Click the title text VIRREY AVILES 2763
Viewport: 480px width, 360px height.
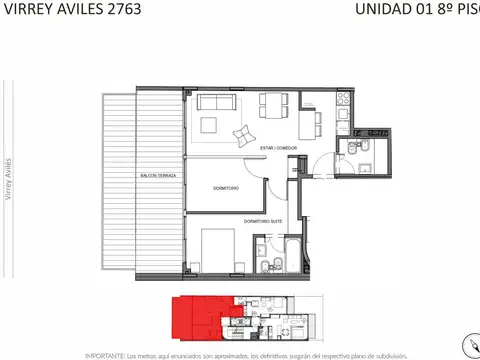(x=70, y=10)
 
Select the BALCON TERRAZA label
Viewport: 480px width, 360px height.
(x=159, y=176)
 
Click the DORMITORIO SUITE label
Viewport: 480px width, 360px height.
(x=264, y=220)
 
